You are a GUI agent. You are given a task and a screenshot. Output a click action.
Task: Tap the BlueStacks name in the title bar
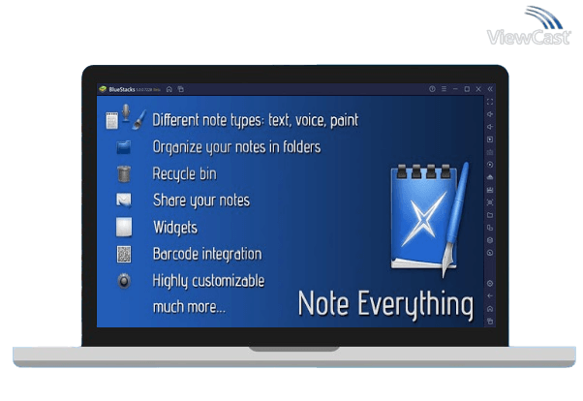click(x=123, y=89)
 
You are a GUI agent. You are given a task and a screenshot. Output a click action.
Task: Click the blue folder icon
click(x=123, y=147)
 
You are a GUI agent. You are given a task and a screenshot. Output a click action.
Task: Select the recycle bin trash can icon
click(x=123, y=174)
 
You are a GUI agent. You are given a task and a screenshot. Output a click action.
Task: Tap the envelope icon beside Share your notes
click(x=123, y=200)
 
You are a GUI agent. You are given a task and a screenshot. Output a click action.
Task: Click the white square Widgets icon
click(x=123, y=228)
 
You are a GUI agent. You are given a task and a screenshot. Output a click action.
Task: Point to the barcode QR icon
click(x=123, y=255)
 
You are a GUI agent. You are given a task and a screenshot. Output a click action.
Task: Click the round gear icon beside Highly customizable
click(x=123, y=281)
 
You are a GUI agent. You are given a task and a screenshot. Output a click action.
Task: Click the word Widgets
click(x=174, y=228)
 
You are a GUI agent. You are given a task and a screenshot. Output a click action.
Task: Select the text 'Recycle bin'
click(x=184, y=174)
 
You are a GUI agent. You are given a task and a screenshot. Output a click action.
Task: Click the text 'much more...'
click(x=189, y=307)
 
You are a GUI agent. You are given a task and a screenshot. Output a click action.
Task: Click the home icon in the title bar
click(x=169, y=89)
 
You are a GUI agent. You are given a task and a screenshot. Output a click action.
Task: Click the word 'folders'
click(x=296, y=147)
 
